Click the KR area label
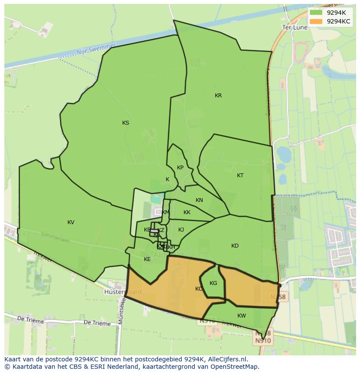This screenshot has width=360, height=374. tap(218, 96)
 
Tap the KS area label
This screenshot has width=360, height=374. tap(126, 123)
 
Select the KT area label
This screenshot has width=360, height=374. tap(240, 175)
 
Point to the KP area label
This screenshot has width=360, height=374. tap(180, 168)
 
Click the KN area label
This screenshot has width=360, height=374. tap(199, 200)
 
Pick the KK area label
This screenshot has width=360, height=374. tap(187, 212)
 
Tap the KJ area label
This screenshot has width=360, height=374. tap(181, 230)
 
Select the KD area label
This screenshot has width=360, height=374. tap(235, 246)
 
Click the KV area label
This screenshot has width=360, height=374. tap(71, 222)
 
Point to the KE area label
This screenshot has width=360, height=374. tap(147, 259)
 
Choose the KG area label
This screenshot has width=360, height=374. tap(213, 283)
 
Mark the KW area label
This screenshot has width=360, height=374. tap(242, 316)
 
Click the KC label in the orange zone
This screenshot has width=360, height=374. tap(199, 289)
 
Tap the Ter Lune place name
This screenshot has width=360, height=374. tap(295, 27)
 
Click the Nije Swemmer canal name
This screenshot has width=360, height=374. tap(96, 50)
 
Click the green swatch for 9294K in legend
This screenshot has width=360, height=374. tap(316, 12)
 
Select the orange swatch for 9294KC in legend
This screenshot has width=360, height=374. tap(316, 21)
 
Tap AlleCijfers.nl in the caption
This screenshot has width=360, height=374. tap(226, 359)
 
